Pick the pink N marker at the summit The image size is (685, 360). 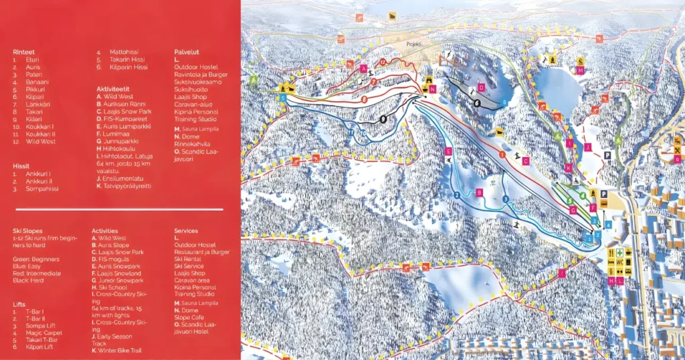coord(433,89)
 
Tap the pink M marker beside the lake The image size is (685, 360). coord(580,70)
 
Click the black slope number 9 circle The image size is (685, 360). coord(382,119)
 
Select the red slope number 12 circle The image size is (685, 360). coord(383,62)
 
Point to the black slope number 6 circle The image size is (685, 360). coord(477,104)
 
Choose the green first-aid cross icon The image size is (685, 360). coord(621,253)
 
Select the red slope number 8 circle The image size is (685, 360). coord(364,100)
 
